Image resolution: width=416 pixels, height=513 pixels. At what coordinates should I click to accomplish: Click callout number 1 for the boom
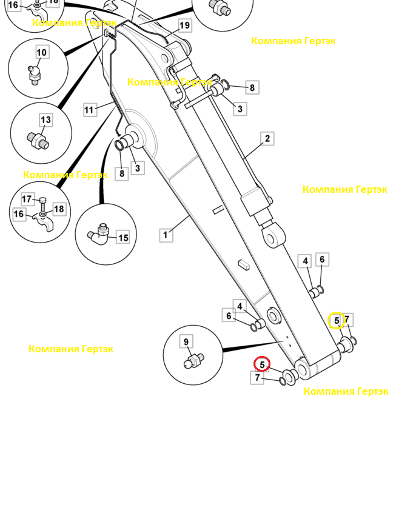166,235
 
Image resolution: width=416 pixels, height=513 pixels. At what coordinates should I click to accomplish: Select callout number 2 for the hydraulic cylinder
267,139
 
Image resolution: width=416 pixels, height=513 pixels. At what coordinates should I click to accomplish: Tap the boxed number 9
186,341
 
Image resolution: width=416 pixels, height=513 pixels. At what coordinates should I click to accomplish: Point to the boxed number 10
42,52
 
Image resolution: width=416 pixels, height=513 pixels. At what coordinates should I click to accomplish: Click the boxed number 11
90,110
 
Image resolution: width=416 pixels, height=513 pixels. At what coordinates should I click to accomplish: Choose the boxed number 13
46,120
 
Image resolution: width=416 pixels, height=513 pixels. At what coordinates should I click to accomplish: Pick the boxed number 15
123,238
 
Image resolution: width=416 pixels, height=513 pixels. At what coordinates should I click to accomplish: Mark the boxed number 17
27,199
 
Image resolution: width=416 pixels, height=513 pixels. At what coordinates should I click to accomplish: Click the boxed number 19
184,25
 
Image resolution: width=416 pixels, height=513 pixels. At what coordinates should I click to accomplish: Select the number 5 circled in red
262,364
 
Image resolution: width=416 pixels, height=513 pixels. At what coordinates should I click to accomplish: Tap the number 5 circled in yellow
337,320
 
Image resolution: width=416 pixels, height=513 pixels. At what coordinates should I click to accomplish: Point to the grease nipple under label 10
34,75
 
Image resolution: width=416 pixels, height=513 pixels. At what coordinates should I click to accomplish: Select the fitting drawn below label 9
194,361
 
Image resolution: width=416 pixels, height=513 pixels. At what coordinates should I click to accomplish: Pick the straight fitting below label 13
38,140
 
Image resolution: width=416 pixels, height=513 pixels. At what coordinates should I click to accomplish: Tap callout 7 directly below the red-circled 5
257,378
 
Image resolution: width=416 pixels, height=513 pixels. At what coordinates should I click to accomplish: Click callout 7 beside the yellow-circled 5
347,320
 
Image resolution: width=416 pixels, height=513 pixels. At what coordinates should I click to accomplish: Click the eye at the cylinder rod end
273,235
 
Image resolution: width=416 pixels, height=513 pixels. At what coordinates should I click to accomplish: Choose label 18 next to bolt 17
59,209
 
